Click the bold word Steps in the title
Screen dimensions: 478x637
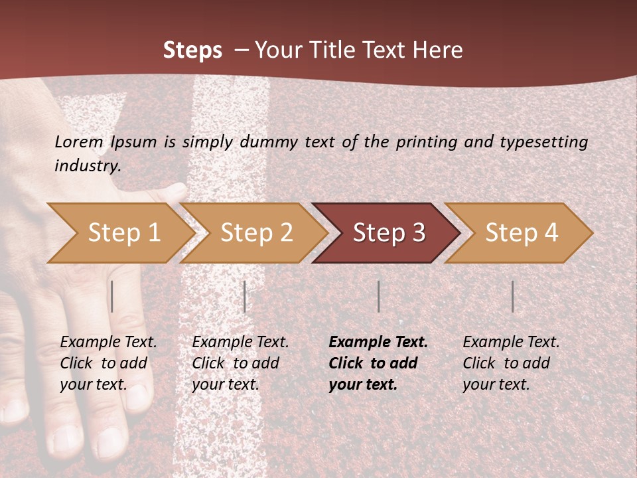(x=192, y=50)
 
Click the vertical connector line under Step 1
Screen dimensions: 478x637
(x=112, y=296)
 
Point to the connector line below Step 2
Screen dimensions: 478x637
(x=245, y=296)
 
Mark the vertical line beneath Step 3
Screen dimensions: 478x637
(x=378, y=296)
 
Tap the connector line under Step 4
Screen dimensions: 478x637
(x=512, y=296)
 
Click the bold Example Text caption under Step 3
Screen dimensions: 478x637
(x=378, y=363)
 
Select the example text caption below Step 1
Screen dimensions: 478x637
(x=108, y=363)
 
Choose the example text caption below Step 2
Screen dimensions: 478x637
(x=240, y=363)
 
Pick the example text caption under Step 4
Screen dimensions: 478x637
(x=511, y=363)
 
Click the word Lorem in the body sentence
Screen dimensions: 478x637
(x=79, y=141)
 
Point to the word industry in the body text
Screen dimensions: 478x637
(x=88, y=165)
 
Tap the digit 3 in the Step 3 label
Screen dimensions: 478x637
(x=419, y=233)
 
